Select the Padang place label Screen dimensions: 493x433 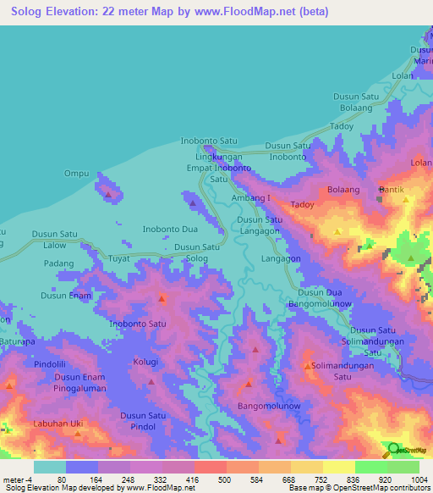pyautogui.click(x=59, y=263)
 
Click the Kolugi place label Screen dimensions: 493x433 pyautogui.click(x=145, y=363)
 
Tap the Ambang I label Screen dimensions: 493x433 pyautogui.click(x=251, y=197)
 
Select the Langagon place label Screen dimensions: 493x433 pyautogui.click(x=282, y=258)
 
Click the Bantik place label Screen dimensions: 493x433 pyautogui.click(x=393, y=190)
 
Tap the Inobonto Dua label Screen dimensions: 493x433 pyautogui.click(x=170, y=229)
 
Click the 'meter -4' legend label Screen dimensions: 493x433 pyautogui.click(x=19, y=480)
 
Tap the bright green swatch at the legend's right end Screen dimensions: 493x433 pyautogui.click(x=403, y=467)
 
